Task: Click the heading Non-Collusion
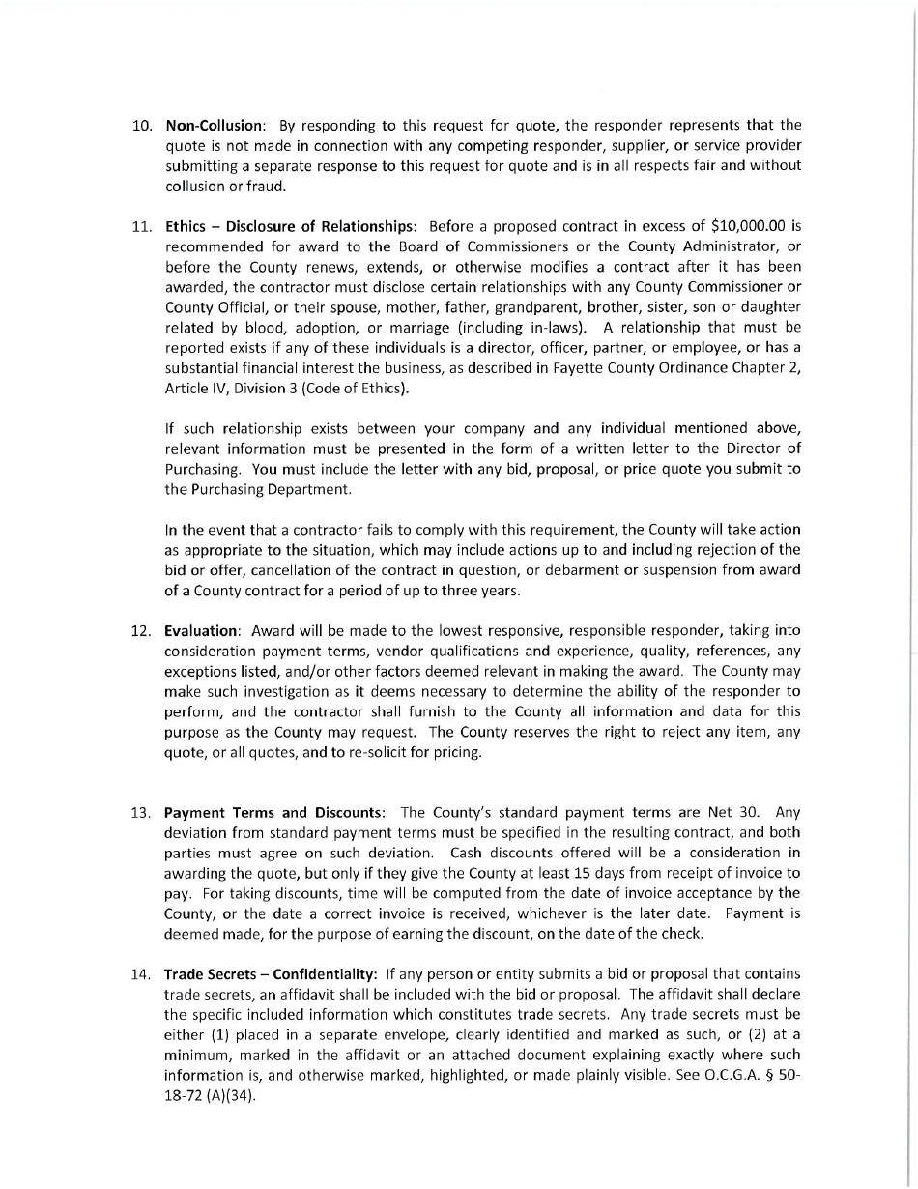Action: (215, 126)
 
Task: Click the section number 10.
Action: (141, 126)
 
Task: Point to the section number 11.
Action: (141, 227)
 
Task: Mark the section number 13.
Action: (141, 812)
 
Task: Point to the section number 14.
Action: (141, 973)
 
